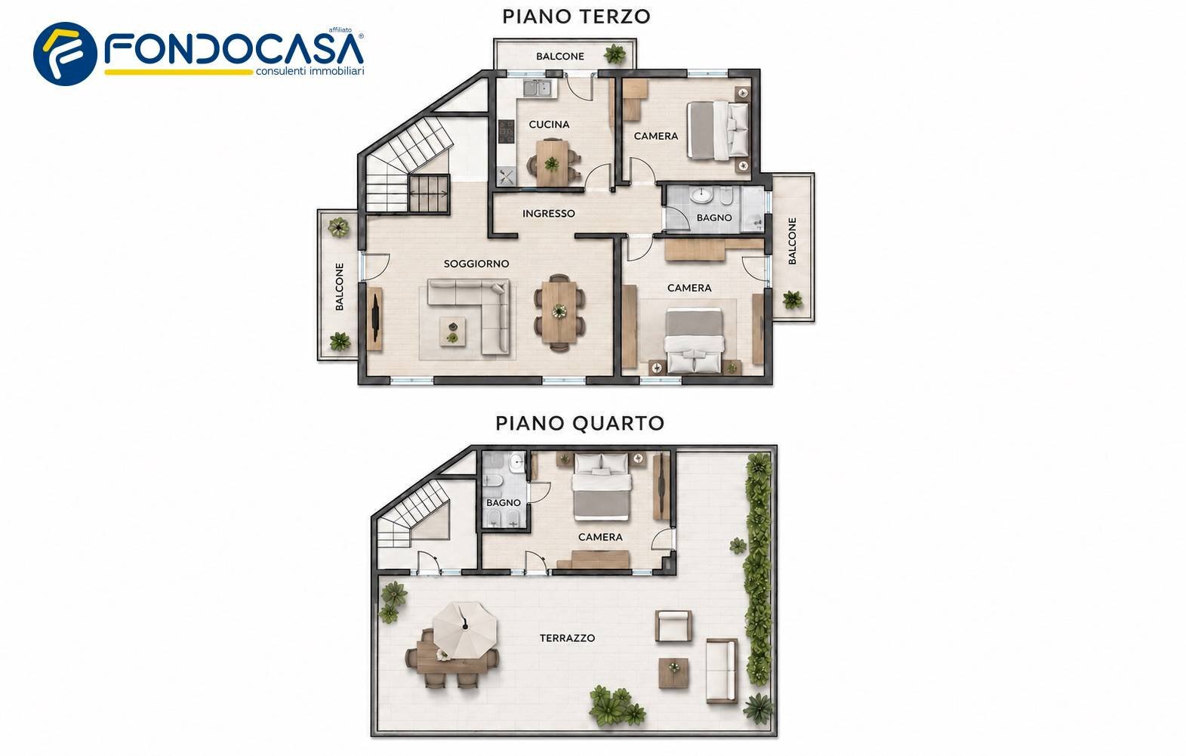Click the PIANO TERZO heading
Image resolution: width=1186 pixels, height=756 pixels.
pyautogui.click(x=576, y=17)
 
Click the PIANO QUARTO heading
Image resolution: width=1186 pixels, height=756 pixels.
pyautogui.click(x=580, y=423)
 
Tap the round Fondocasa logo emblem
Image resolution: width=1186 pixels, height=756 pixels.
pyautogui.click(x=65, y=54)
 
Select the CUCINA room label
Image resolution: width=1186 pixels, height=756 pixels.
pyautogui.click(x=549, y=125)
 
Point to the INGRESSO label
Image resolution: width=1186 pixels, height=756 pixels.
pyautogui.click(x=549, y=214)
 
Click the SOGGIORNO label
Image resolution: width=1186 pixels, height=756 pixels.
pyautogui.click(x=476, y=264)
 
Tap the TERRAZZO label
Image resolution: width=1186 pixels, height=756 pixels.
pyautogui.click(x=567, y=638)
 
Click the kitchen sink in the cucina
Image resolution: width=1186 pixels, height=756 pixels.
pyautogui.click(x=538, y=88)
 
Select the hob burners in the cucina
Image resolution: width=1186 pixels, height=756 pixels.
pyautogui.click(x=507, y=131)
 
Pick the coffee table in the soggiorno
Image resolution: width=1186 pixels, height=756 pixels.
pyautogui.click(x=453, y=331)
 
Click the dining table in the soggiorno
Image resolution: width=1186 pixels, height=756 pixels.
pyautogui.click(x=559, y=311)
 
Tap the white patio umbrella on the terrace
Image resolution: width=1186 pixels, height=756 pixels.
pyautogui.click(x=464, y=629)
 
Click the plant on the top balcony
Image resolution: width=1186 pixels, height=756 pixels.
pyautogui.click(x=615, y=54)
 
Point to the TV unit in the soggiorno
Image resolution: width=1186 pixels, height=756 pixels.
pyautogui.click(x=375, y=319)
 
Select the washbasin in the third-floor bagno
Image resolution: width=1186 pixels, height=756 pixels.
pyautogui.click(x=702, y=195)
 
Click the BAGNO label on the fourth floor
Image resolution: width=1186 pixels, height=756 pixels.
pyautogui.click(x=504, y=502)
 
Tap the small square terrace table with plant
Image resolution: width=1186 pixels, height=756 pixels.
pyautogui.click(x=674, y=673)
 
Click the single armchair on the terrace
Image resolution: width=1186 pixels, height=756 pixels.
pyautogui.click(x=673, y=625)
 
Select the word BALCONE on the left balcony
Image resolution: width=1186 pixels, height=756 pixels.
pyautogui.click(x=340, y=286)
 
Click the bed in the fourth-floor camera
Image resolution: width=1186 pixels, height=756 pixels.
pyautogui.click(x=602, y=487)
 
